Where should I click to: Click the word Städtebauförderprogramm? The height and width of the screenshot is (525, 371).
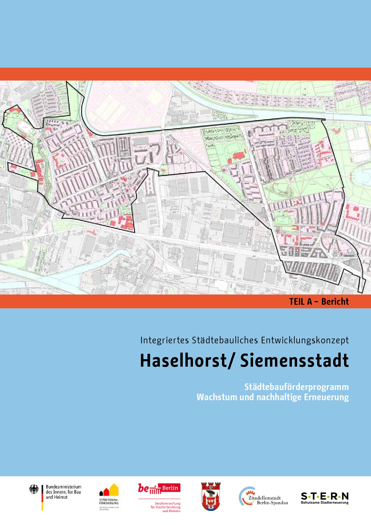(296, 387)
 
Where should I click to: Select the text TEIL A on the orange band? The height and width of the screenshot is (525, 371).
(300, 301)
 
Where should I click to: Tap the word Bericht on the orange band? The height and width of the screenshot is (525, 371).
(335, 301)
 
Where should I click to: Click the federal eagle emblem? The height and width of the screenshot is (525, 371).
(34, 490)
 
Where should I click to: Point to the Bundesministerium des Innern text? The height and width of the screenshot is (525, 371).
(63, 492)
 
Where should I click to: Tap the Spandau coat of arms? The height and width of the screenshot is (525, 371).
(211, 496)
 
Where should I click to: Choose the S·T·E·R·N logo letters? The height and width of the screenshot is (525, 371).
(325, 496)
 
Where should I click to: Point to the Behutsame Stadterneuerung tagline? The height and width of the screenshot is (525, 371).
(325, 503)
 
